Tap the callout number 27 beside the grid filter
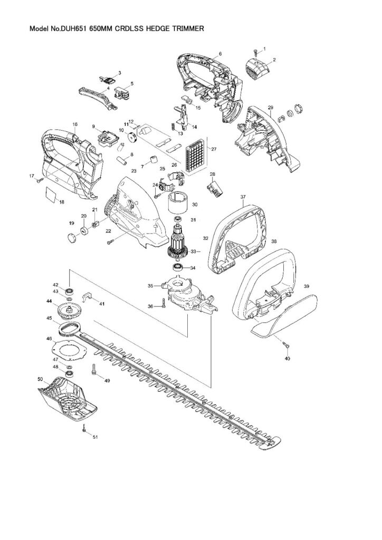[x=214, y=149]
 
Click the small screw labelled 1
[x=255, y=52]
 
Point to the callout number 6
[x=220, y=53]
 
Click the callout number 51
[x=96, y=437]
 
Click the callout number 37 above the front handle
[x=243, y=197]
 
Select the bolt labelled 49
[x=94, y=370]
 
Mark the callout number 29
[x=270, y=107]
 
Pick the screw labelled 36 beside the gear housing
[x=163, y=303]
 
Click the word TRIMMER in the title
[x=189, y=29]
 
